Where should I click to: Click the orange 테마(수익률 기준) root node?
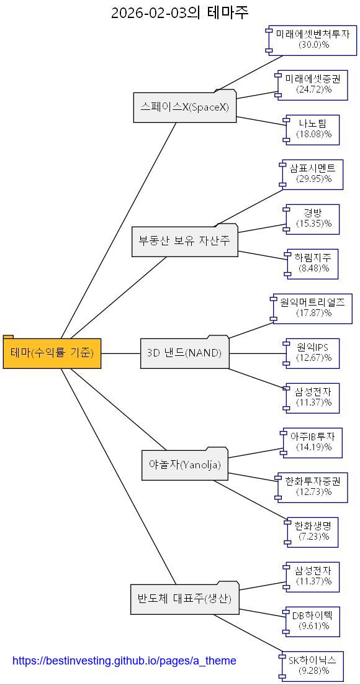coord(52,353)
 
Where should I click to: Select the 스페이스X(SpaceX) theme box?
coord(185,107)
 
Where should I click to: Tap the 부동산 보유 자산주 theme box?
coord(184,241)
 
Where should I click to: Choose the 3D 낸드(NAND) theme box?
coord(184,353)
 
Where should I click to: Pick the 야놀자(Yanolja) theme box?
coord(185,465)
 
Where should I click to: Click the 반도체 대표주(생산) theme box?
coord(184,599)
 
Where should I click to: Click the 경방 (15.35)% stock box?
coord(313,219)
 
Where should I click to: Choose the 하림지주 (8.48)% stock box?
coord(313,263)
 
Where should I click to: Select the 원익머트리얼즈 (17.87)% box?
coord(312,308)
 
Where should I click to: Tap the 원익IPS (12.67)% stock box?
coord(313,353)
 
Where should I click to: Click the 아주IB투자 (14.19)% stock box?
coord(313,442)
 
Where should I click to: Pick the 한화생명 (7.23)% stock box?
coord(313,532)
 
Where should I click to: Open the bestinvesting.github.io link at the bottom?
coord(124,661)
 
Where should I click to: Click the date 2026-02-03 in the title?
coord(149,12)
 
